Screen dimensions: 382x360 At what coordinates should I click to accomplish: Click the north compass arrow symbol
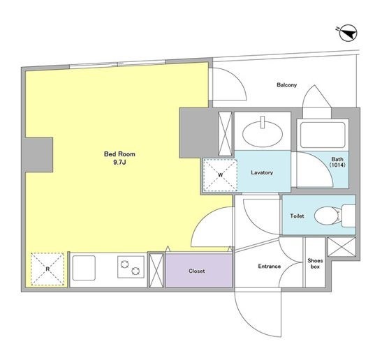click(348, 33)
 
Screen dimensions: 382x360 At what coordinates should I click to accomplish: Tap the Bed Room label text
click(119, 154)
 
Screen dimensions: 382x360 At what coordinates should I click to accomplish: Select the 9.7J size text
click(119, 163)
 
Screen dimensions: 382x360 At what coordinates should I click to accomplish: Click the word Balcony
click(287, 85)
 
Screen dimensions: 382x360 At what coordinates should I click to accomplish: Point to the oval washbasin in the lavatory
click(263, 133)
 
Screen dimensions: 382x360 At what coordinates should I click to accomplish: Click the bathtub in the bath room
click(323, 135)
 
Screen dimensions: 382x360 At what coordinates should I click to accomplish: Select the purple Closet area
click(199, 271)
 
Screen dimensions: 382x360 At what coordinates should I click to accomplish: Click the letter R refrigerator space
click(47, 269)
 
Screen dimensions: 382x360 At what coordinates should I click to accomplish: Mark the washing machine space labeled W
click(220, 175)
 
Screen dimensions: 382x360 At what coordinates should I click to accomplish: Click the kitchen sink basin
click(84, 268)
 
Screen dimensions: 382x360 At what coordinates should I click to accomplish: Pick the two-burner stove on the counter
click(131, 267)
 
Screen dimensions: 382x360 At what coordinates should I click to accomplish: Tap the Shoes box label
click(315, 264)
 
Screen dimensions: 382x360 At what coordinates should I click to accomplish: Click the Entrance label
click(270, 267)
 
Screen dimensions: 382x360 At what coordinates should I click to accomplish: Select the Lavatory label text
click(262, 172)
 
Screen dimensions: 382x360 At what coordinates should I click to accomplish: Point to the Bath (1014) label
click(337, 162)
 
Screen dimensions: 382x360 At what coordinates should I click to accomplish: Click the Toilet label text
click(297, 216)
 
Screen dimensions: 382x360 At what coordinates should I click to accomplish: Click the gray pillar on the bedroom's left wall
click(38, 155)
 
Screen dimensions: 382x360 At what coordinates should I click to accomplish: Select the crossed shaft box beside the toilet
click(341, 247)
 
